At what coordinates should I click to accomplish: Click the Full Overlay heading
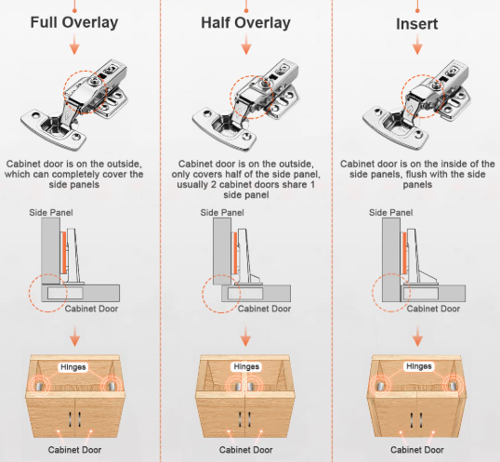74,22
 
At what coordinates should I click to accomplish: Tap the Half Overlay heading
245,23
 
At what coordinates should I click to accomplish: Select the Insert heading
416,24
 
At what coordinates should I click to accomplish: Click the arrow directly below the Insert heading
417,45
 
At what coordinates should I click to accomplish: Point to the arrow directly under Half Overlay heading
246,45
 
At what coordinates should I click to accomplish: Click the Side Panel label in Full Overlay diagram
51,213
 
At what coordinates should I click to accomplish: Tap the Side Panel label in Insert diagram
390,213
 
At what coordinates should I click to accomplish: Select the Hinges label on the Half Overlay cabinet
246,366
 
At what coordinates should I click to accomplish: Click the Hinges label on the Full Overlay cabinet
73,367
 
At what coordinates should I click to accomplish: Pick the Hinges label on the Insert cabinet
419,366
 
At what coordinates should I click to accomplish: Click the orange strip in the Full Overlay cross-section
64,253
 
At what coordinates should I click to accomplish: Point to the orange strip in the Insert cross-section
404,253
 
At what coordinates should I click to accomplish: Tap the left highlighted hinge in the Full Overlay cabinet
39,386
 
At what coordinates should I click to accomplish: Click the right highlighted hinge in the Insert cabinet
453,386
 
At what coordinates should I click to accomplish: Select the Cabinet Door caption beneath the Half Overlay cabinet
246,450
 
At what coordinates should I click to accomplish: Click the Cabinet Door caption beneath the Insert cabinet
417,450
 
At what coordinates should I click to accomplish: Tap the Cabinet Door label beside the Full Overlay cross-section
91,309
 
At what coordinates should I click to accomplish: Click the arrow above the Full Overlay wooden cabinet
74,337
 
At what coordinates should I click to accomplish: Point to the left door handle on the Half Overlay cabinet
240,419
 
